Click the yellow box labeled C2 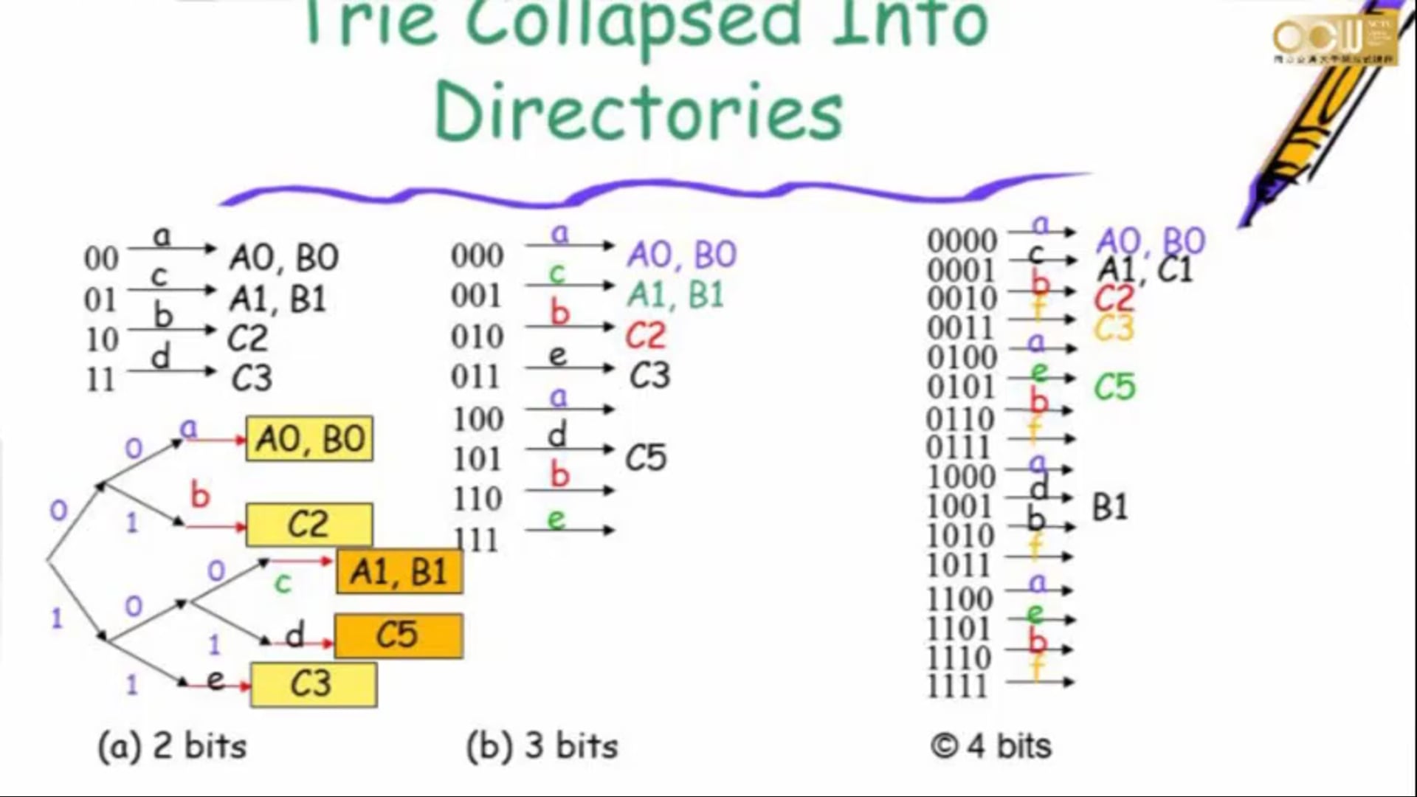pyautogui.click(x=308, y=525)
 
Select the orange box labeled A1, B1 pyautogui.click(x=399, y=572)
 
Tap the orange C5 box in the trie pyautogui.click(x=399, y=635)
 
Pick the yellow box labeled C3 pyautogui.click(x=313, y=684)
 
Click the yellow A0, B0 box pyautogui.click(x=309, y=440)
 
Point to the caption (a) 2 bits pyautogui.click(x=173, y=746)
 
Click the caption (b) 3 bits pyautogui.click(x=542, y=746)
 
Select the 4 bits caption pyautogui.click(x=991, y=746)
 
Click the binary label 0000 pyautogui.click(x=962, y=241)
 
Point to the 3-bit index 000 pyautogui.click(x=477, y=256)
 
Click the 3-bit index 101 pyautogui.click(x=477, y=460)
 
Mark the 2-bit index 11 pyautogui.click(x=100, y=380)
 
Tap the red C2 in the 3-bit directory pyautogui.click(x=646, y=337)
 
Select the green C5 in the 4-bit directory pyautogui.click(x=1114, y=387)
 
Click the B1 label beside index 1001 pyautogui.click(x=1109, y=508)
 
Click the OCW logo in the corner pyautogui.click(x=1334, y=38)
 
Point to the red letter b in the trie pyautogui.click(x=200, y=495)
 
